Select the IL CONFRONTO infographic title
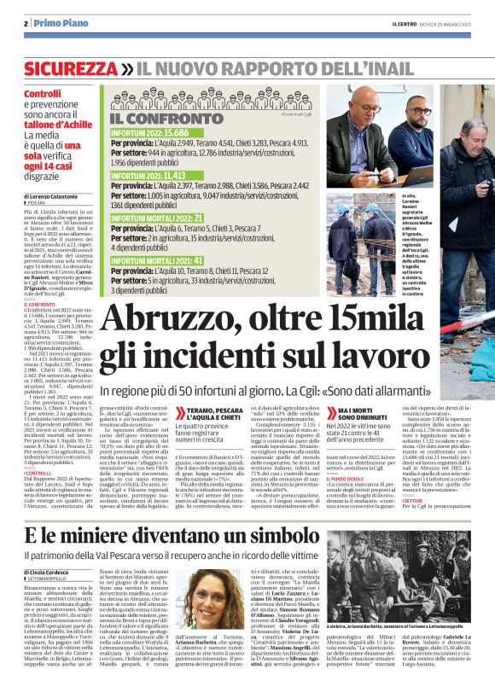click(161, 117)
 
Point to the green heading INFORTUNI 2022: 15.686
click(149, 133)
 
